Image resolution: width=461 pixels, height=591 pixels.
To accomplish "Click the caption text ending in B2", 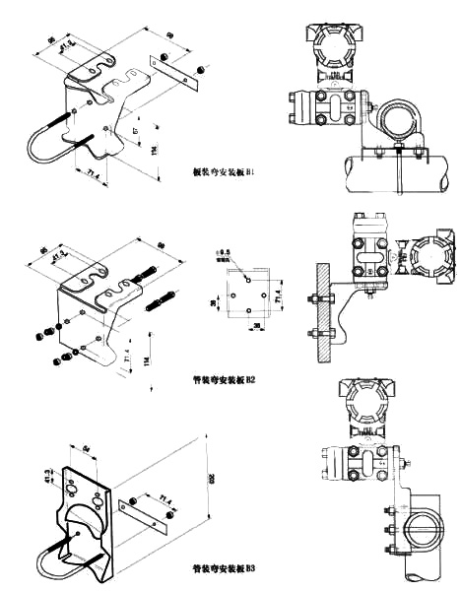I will click(x=225, y=377).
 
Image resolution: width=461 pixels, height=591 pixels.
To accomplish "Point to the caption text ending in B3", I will click(x=225, y=568).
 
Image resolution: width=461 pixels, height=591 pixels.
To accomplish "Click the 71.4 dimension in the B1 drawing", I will click(x=96, y=175).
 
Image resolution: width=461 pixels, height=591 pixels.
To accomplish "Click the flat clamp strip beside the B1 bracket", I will click(x=168, y=72).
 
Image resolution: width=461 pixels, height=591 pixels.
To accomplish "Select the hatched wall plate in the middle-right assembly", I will click(x=317, y=310).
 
